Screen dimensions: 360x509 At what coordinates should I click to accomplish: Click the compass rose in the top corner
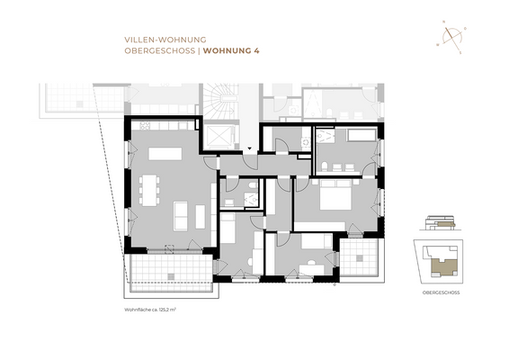tap(451, 37)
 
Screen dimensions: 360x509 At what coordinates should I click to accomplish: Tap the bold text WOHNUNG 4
tap(231, 51)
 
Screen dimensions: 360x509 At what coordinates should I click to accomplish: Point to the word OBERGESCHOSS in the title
tap(159, 51)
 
